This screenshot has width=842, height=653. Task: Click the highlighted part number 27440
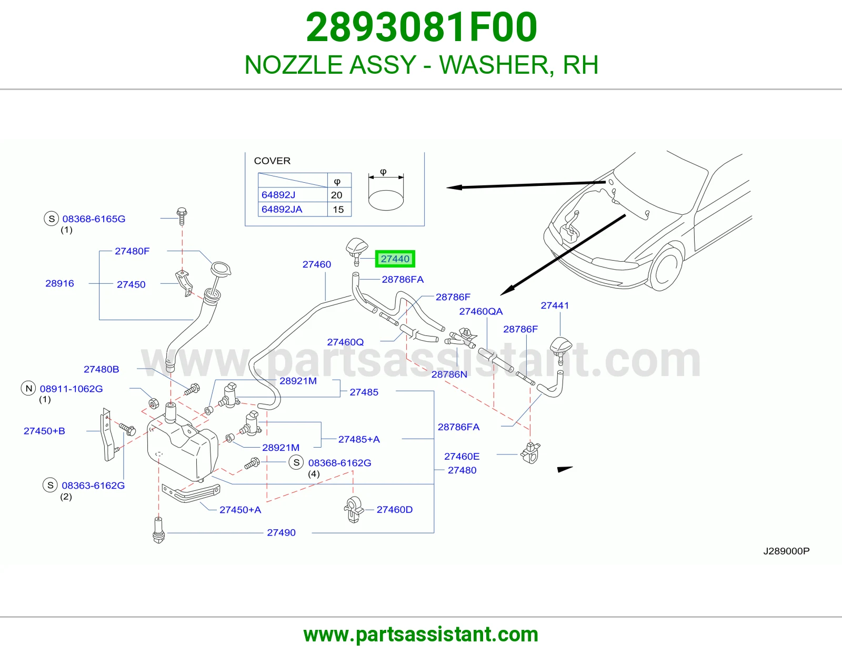[x=395, y=259]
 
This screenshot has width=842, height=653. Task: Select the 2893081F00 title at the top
[x=421, y=27]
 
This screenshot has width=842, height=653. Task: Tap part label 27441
[x=555, y=305]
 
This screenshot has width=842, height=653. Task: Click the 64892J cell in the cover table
[x=278, y=195]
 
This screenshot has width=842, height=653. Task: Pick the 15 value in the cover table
[x=338, y=210]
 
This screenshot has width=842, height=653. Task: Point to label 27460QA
[x=480, y=311]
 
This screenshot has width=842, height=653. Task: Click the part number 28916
[x=59, y=283]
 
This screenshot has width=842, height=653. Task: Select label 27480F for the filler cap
[x=132, y=251]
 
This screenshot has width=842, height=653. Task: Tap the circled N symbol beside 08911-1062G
[x=28, y=388]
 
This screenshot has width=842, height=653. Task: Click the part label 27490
[x=281, y=532]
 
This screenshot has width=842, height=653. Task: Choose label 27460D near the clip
[x=395, y=510]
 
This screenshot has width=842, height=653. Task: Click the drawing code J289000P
[x=786, y=551]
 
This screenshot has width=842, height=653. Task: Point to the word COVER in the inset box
[x=272, y=161]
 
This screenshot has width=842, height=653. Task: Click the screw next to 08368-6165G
[x=182, y=216]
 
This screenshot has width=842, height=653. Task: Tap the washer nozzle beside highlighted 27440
[x=356, y=251]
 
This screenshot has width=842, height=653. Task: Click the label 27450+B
[x=44, y=431]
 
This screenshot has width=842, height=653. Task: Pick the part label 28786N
[x=449, y=374]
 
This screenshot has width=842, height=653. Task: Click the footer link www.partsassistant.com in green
[x=421, y=635]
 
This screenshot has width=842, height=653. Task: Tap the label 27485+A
[x=359, y=439]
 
